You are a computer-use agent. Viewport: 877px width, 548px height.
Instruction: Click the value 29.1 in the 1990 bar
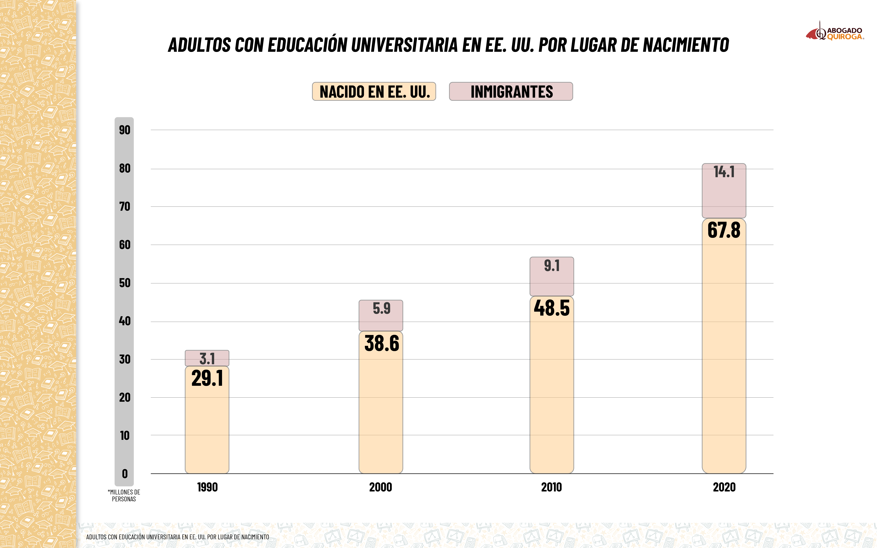(207, 378)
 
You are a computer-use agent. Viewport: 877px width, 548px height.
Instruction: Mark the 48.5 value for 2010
(551, 308)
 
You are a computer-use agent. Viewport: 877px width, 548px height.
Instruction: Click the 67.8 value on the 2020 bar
(724, 230)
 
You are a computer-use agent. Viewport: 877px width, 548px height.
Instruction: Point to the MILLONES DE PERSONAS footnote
(124, 495)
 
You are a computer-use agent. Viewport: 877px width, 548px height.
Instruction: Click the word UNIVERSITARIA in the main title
(404, 45)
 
